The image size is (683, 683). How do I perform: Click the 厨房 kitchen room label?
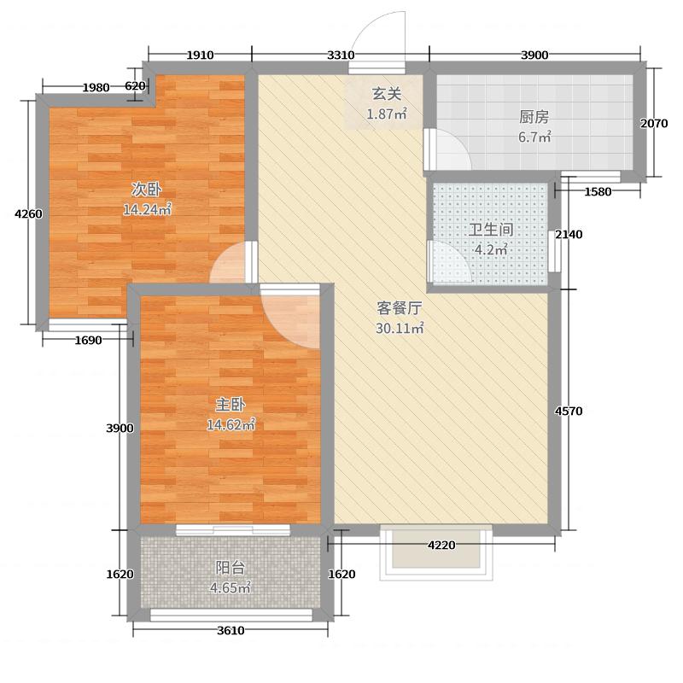point(534,118)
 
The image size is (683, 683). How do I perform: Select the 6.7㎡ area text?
point(534,137)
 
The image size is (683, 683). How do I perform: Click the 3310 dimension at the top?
point(340,55)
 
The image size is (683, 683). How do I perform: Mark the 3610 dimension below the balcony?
point(230,631)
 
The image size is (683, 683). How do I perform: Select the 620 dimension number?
point(135,85)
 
